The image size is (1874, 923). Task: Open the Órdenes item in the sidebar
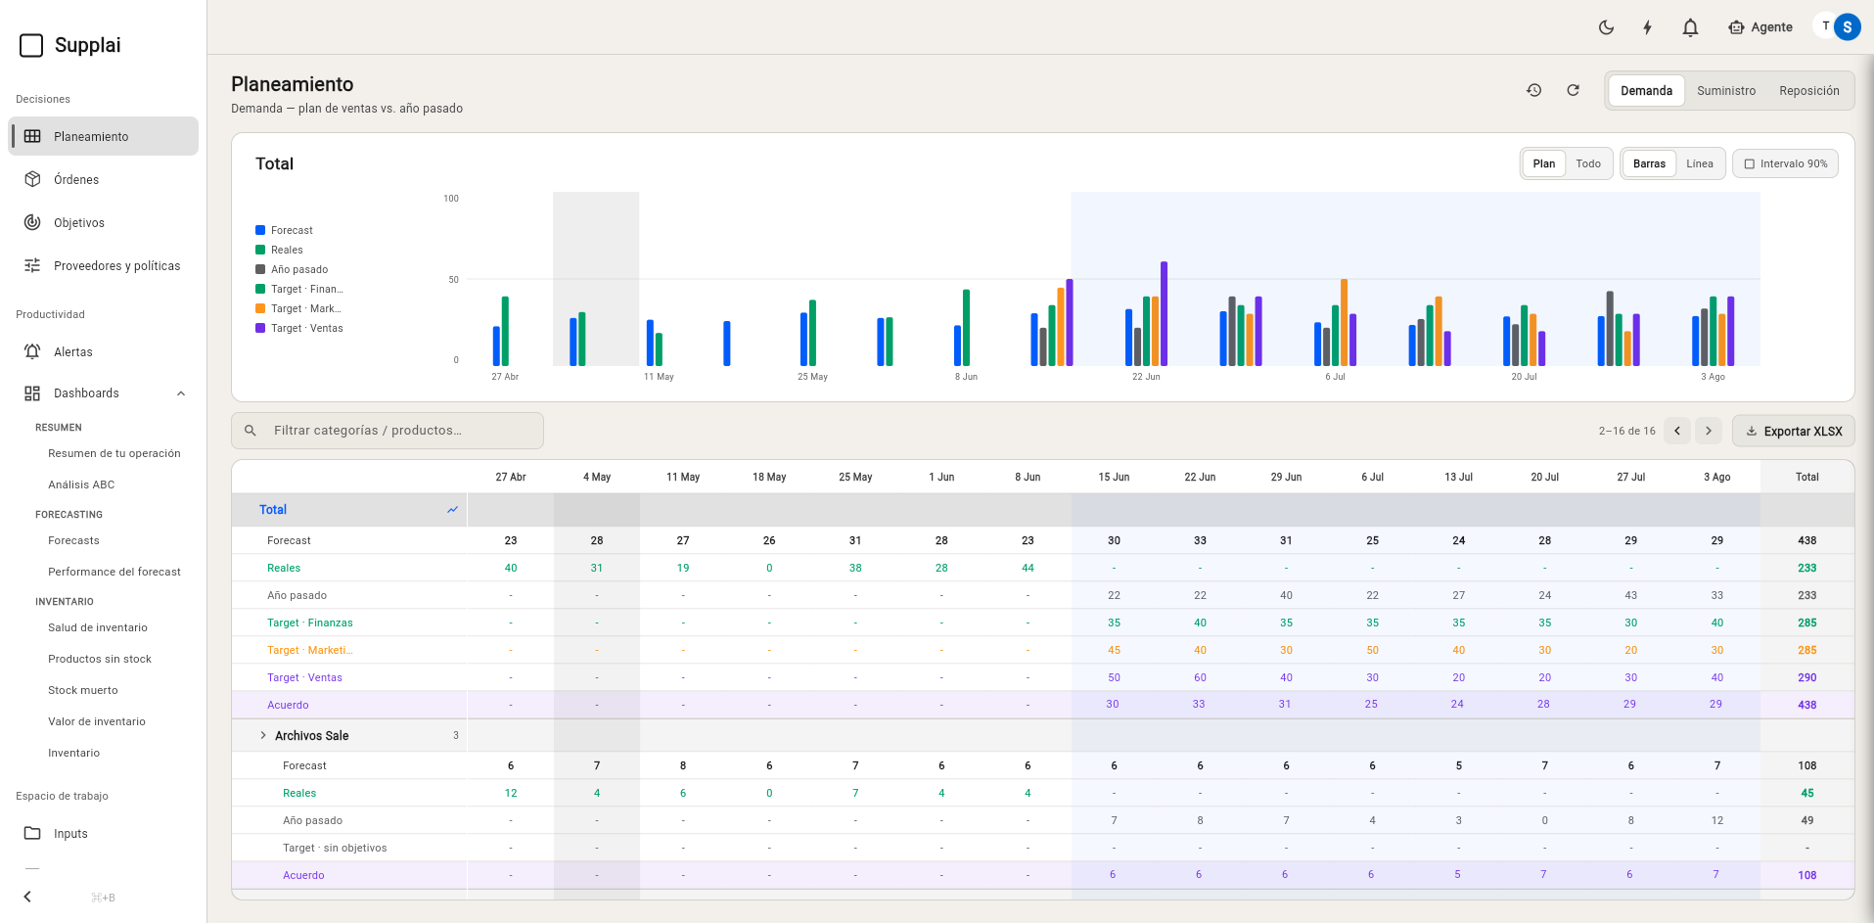[76, 180]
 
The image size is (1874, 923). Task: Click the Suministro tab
[1726, 91]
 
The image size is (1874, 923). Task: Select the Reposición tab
[1809, 91]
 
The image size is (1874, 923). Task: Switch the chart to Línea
[1700, 163]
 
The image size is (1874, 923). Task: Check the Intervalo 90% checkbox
[1750, 164]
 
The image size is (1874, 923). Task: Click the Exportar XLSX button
[1794, 431]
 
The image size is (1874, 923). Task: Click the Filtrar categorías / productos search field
[388, 431]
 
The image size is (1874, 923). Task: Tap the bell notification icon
[1690, 27]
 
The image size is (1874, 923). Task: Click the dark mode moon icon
[1606, 27]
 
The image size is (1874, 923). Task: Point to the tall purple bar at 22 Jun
[1164, 313]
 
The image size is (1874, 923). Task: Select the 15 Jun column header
[1114, 478]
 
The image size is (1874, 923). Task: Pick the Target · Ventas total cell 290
[1806, 677]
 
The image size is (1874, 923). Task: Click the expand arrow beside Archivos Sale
[263, 735]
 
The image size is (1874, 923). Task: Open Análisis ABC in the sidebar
[81, 485]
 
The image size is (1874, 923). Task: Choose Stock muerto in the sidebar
[83, 690]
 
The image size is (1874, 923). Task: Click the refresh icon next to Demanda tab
[1573, 90]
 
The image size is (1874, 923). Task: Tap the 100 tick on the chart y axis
[451, 199]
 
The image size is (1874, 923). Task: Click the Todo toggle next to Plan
[1588, 163]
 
